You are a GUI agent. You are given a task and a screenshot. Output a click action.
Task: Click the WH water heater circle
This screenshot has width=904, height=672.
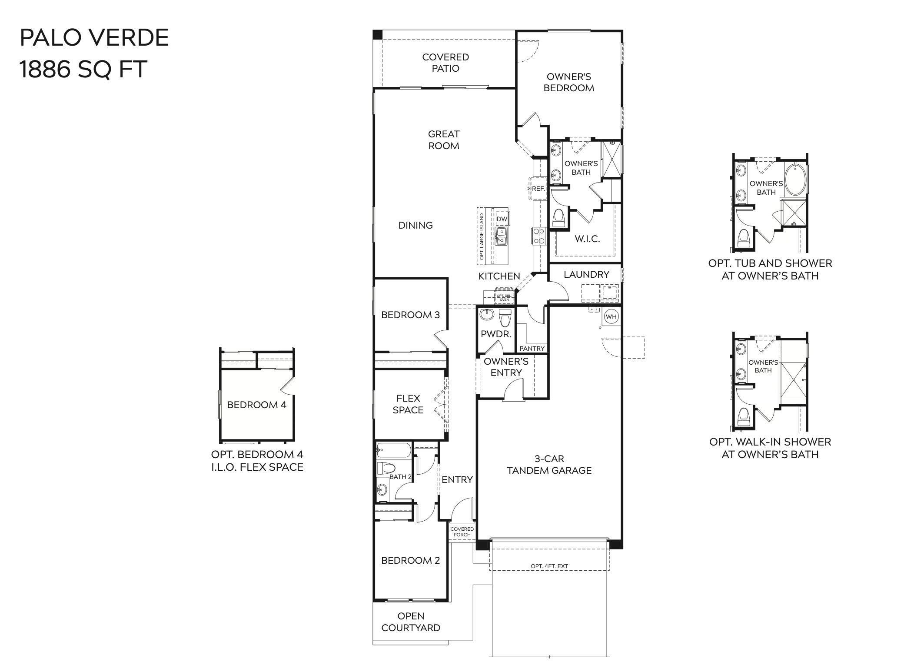611,316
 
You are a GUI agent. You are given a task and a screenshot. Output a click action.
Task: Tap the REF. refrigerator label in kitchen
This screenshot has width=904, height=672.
538,189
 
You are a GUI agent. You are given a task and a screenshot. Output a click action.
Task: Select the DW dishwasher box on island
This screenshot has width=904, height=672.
502,219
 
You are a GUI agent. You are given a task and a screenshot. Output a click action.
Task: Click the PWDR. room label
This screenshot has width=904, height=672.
496,334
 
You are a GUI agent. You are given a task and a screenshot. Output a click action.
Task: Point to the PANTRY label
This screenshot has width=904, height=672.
532,348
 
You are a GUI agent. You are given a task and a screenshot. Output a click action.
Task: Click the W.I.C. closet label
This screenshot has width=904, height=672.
587,239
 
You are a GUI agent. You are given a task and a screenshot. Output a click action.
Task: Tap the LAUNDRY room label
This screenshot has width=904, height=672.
586,274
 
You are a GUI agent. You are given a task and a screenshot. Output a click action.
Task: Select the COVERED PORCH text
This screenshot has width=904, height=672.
462,532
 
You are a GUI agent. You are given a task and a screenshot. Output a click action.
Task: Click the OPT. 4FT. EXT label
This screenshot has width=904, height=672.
549,566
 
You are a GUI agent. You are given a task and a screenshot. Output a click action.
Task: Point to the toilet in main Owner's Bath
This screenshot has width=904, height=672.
558,218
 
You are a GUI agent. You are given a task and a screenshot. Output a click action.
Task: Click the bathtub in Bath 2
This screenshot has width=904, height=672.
393,450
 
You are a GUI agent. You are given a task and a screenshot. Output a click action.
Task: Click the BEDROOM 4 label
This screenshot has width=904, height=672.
256,405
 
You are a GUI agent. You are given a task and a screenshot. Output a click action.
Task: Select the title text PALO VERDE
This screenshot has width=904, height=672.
94,38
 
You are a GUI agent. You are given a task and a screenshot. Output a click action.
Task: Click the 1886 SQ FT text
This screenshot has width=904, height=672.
83,69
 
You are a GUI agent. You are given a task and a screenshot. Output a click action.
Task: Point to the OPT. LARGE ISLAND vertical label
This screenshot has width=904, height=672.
482,236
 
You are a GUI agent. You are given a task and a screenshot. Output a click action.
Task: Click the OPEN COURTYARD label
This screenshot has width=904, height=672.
410,622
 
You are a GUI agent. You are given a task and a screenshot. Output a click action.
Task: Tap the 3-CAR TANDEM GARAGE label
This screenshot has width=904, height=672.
549,464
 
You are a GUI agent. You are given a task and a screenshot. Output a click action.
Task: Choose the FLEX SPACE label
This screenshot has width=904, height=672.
408,404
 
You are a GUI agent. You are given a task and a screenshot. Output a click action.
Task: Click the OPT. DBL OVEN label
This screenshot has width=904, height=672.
504,298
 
